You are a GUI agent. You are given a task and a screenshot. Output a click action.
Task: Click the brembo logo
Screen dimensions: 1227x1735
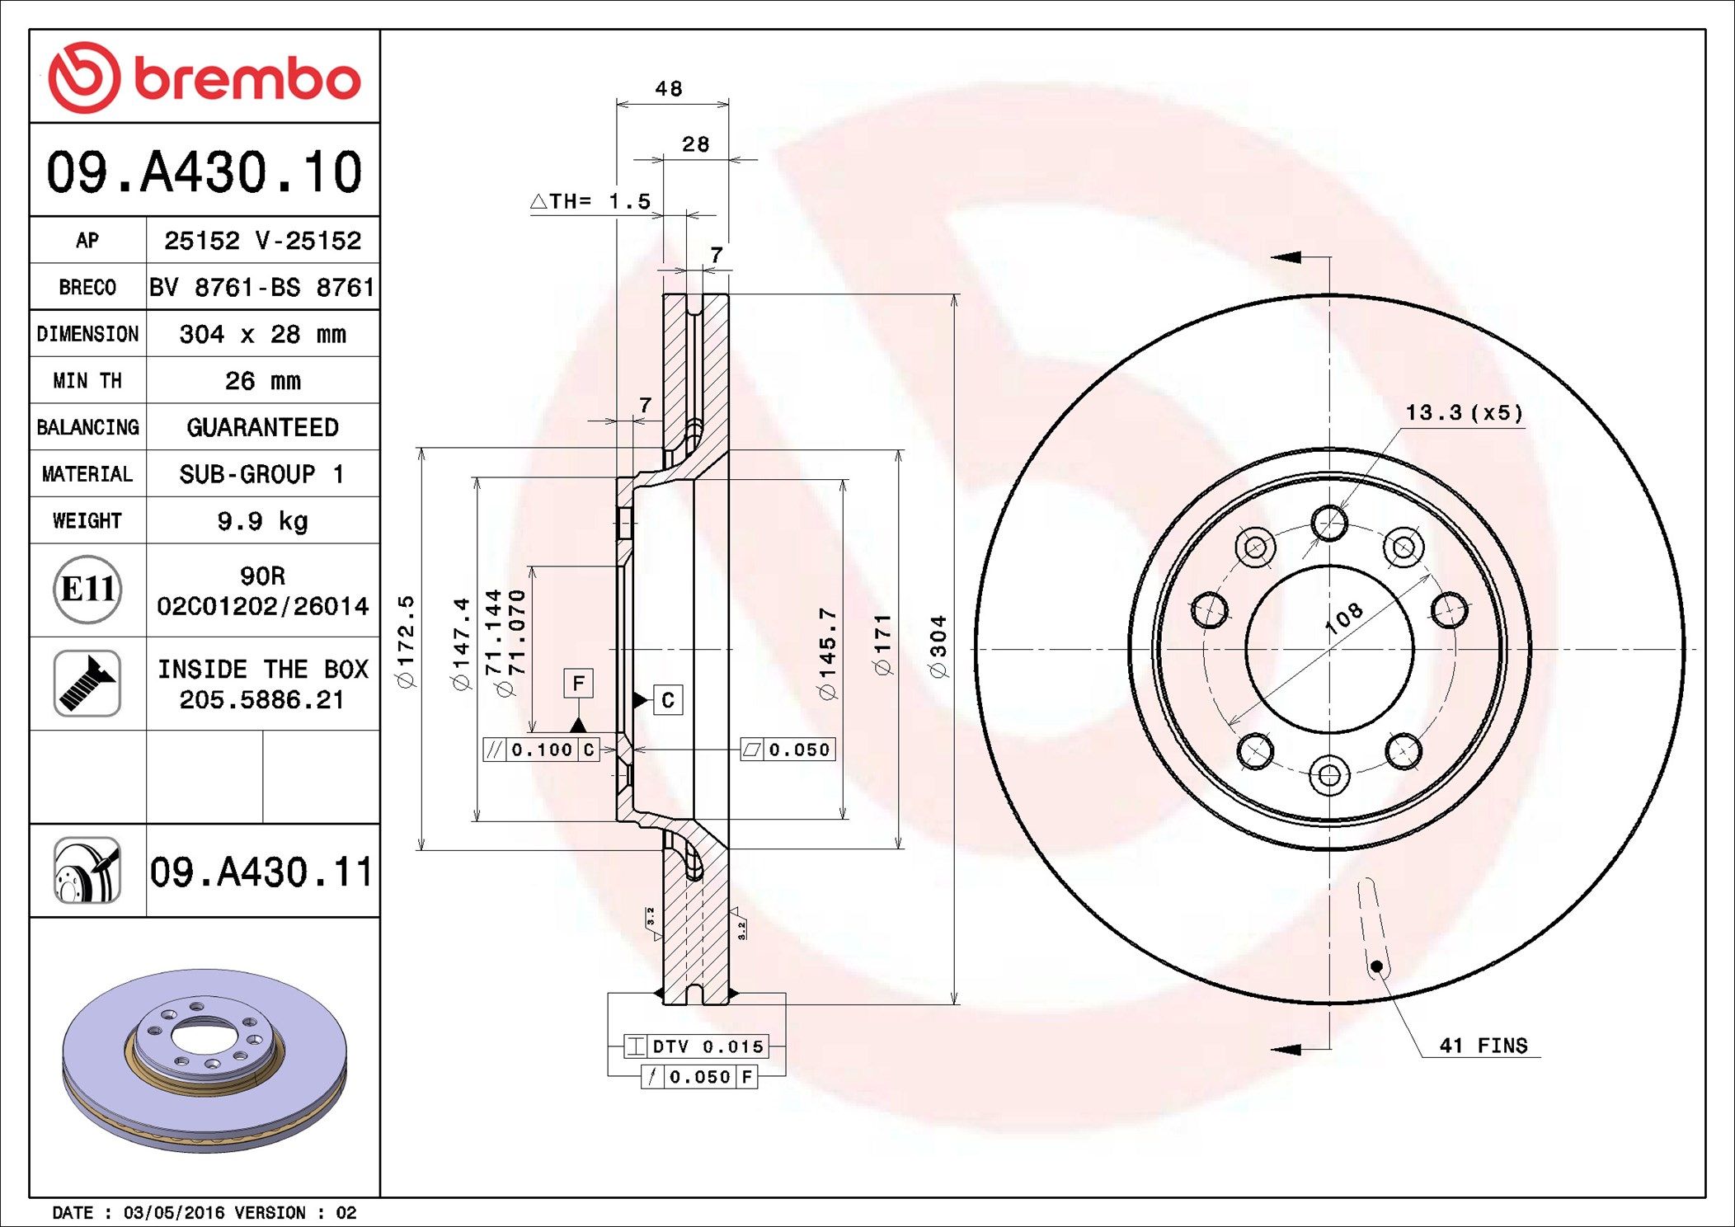tap(205, 78)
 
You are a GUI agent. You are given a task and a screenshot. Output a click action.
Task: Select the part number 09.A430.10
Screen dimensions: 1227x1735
tap(205, 172)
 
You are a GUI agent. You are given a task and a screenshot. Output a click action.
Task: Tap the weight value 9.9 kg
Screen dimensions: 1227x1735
tap(262, 520)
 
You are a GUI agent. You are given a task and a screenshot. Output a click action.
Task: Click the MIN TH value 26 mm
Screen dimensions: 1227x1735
tap(262, 380)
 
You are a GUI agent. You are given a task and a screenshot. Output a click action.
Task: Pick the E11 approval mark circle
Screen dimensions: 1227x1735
tap(87, 589)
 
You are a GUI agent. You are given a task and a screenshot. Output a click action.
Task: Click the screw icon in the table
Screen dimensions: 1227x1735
tap(87, 683)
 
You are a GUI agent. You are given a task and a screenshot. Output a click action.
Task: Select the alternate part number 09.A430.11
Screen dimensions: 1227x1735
tap(261, 872)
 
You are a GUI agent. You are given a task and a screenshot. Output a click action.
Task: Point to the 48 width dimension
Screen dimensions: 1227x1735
tap(669, 88)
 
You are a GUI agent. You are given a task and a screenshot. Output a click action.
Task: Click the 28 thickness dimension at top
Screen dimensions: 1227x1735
tap(695, 144)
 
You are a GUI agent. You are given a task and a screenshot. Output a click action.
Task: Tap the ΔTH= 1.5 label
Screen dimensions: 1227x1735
tap(590, 201)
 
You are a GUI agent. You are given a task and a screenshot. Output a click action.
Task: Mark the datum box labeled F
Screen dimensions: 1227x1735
tap(578, 683)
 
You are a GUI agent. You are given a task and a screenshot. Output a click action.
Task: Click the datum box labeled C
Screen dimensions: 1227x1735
tap(668, 700)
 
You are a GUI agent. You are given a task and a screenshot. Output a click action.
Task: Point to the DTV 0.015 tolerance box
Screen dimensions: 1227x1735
tap(697, 1046)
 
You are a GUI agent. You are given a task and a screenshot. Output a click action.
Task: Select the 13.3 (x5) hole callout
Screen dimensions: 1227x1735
tap(1464, 412)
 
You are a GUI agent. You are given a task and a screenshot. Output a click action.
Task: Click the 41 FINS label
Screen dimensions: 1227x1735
tap(1483, 1046)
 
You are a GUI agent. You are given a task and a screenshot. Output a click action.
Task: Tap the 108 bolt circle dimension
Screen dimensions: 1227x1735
tap(1343, 618)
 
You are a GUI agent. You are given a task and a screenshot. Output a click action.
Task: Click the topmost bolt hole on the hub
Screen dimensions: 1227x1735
tap(1329, 523)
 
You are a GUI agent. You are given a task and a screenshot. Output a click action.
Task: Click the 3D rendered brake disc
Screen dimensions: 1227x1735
tap(205, 1060)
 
